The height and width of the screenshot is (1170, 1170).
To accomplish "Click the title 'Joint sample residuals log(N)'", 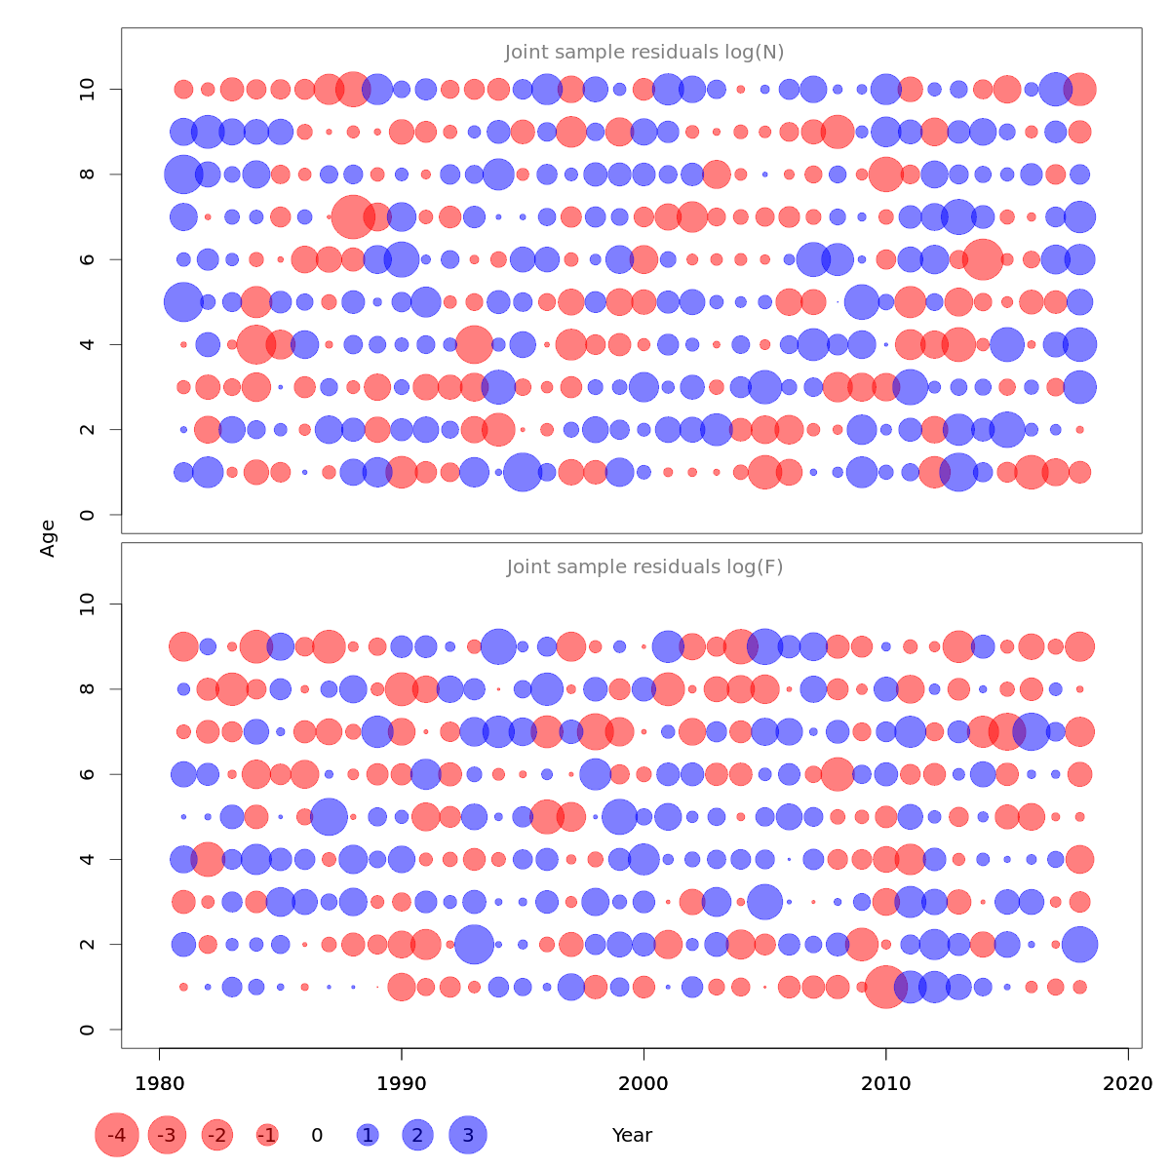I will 644,53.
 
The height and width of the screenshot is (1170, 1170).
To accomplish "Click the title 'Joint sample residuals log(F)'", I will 644,567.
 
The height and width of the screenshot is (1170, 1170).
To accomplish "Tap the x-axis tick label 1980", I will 159,1084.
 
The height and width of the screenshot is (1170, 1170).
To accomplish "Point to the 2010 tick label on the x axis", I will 886,1084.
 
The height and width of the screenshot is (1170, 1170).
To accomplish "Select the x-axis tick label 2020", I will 1128,1084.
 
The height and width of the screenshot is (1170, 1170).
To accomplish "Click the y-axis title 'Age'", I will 48,538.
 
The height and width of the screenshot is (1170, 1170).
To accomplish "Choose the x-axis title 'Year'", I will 632,1136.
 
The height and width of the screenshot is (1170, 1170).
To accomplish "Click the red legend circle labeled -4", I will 117,1135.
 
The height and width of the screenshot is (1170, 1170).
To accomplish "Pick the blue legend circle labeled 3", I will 468,1135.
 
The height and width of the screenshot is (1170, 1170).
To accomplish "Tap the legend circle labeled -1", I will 267,1135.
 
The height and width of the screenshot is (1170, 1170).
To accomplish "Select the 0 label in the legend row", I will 317,1136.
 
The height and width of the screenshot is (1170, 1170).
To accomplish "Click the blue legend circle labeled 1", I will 368,1135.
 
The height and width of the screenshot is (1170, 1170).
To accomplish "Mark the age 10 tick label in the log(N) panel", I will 89,90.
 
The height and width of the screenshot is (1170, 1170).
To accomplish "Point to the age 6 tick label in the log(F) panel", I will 89,774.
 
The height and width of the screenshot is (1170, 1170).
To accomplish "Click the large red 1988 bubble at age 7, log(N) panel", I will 352,216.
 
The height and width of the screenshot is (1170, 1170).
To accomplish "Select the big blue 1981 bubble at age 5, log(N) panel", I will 183,301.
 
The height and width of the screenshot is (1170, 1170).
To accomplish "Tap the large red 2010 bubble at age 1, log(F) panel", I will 886,987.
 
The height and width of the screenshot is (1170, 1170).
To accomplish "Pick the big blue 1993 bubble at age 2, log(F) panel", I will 474,944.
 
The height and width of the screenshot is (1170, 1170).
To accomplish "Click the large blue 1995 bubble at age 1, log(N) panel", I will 523,472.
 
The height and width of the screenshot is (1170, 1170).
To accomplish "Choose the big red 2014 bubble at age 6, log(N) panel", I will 983,259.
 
